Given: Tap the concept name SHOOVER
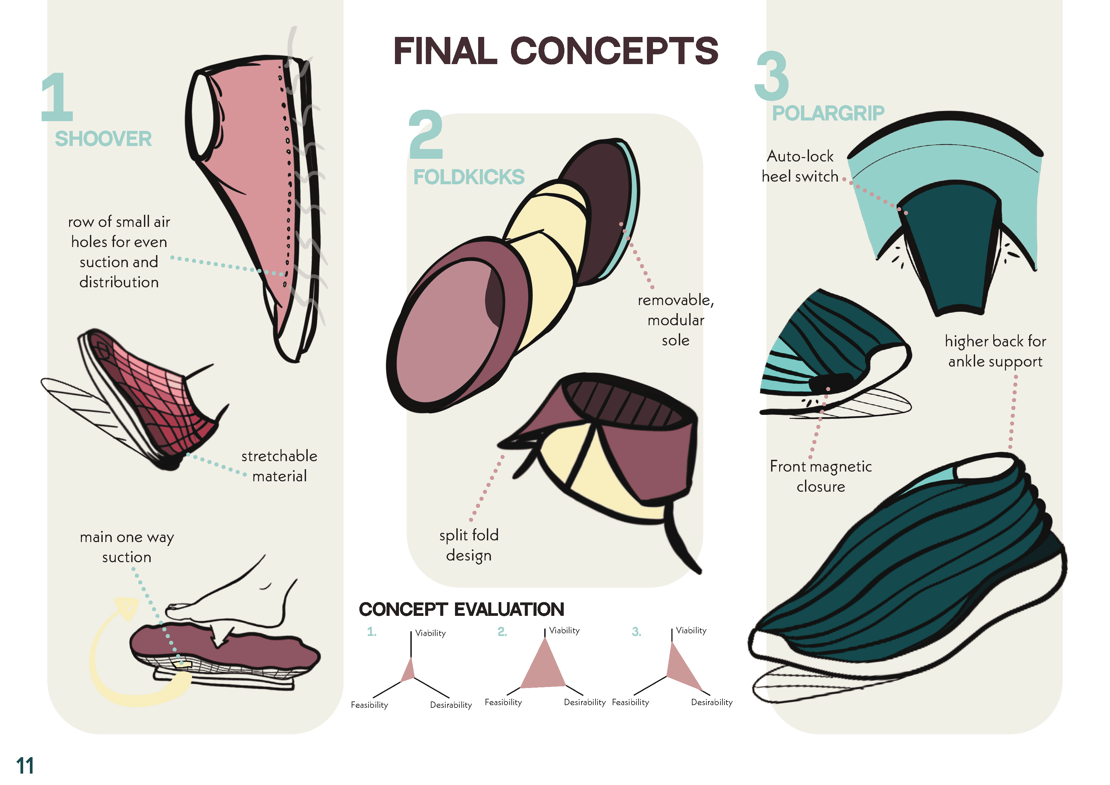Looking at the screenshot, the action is click(x=103, y=139).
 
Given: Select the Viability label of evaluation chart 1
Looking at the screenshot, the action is click(x=430, y=633).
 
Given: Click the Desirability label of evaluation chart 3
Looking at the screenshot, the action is click(x=712, y=702).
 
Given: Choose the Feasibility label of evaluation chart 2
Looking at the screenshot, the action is click(x=503, y=702).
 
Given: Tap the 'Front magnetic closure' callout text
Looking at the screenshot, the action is click(x=821, y=477).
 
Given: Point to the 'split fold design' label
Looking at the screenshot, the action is click(x=468, y=545).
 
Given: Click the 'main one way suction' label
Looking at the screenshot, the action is click(x=127, y=547).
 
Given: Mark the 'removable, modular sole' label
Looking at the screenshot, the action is click(x=675, y=320).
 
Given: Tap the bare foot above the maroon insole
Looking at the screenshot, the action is click(x=242, y=600).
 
